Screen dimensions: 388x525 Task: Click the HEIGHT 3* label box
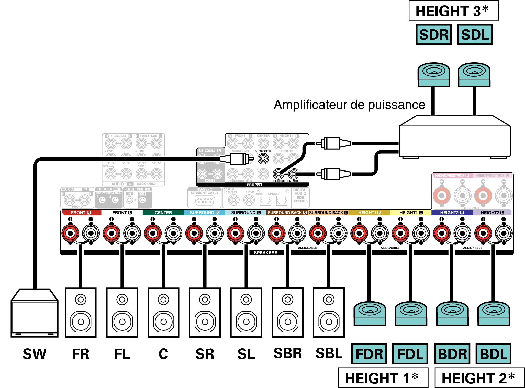pyautogui.click(x=453, y=11)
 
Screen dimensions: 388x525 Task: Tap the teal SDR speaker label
pyautogui.click(x=434, y=35)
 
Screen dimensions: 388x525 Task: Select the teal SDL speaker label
pyautogui.click(x=475, y=35)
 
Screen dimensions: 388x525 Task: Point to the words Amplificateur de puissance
pyautogui.click(x=349, y=105)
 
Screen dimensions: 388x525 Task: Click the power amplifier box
pyautogui.click(x=454, y=139)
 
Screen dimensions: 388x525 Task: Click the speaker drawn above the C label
pyautogui.click(x=163, y=312)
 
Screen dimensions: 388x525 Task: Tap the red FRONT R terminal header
pyautogui.click(x=81, y=213)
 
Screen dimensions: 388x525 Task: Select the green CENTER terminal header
pyautogui.click(x=163, y=213)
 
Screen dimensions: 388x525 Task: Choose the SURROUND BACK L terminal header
pyautogui.click(x=328, y=213)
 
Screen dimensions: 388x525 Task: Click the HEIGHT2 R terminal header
pyautogui.click(x=452, y=213)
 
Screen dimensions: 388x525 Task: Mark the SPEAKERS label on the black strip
pyautogui.click(x=265, y=253)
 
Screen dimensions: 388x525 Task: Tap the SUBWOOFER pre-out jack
pyautogui.click(x=263, y=159)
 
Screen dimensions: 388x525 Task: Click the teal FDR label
pyautogui.click(x=369, y=354)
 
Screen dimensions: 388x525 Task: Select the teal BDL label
pyautogui.click(x=493, y=354)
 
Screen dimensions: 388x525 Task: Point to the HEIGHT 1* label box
pyautogui.click(x=383, y=378)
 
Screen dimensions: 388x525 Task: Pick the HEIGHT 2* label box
pyautogui.click(x=479, y=378)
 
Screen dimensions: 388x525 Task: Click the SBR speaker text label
pyautogui.click(x=288, y=353)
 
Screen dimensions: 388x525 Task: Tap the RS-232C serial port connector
pyautogui.click(x=204, y=200)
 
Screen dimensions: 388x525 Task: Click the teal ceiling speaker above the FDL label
pyautogui.click(x=411, y=314)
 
